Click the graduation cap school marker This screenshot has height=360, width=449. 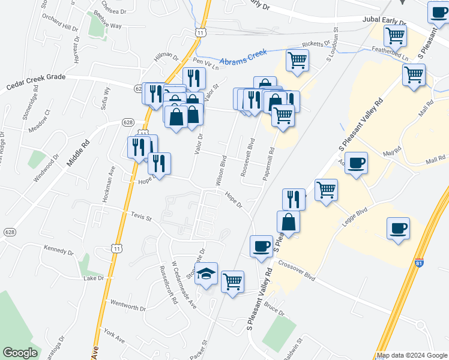[206, 274]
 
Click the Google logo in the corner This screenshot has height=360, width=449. [20, 353]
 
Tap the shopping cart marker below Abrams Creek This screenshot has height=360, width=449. [298, 61]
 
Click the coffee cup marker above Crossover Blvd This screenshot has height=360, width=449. [261, 247]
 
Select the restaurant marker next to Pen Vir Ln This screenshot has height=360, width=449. [194, 78]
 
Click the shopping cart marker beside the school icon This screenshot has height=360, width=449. [232, 281]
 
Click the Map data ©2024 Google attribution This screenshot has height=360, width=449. [412, 355]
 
